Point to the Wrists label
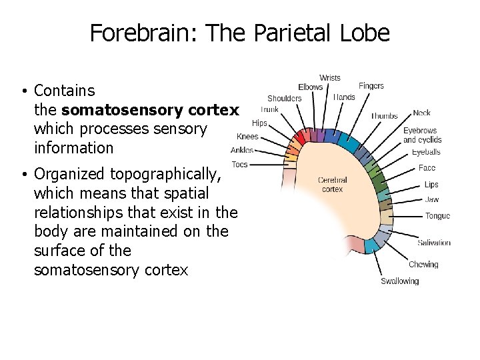tap(330, 78)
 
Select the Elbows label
tap(310, 87)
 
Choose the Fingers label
tap(371, 86)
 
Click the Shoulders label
tap(285, 98)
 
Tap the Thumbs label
tap(384, 115)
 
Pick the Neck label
tap(421, 113)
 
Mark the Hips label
tap(259, 123)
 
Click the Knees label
tap(247, 137)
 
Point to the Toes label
tap(239, 164)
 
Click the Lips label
tap(431, 185)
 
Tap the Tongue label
tap(437, 215)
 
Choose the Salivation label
tap(434, 243)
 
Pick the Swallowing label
tap(400, 281)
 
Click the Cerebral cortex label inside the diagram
tap(332, 185)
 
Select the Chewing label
tap(423, 265)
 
